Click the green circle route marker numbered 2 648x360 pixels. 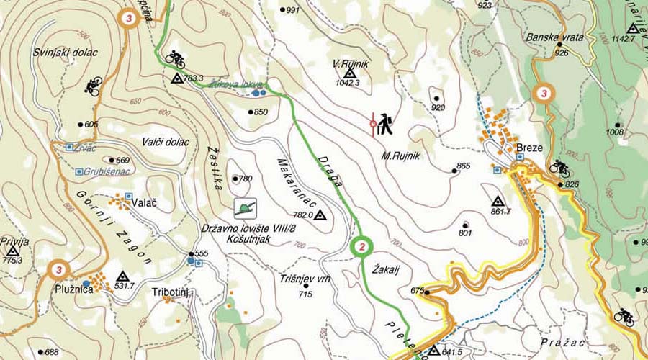pyautogui.click(x=362, y=247)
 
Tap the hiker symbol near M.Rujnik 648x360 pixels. pyautogui.click(x=384, y=125)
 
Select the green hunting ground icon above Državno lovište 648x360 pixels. pyautogui.click(x=246, y=207)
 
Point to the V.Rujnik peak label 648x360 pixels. pyautogui.click(x=351, y=64)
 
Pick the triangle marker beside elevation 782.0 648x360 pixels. pyautogui.click(x=320, y=215)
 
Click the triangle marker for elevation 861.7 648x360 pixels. pyautogui.click(x=497, y=201)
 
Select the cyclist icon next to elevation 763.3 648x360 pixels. pyautogui.click(x=175, y=56)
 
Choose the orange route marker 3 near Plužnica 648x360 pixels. pyautogui.click(x=58, y=271)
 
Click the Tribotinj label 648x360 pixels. pyautogui.click(x=170, y=292)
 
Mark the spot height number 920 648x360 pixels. pyautogui.click(x=438, y=107)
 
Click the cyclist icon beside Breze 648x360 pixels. pyautogui.click(x=559, y=167)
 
